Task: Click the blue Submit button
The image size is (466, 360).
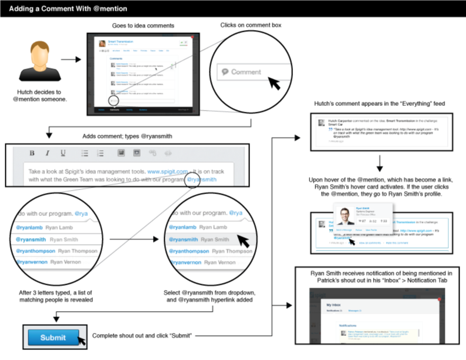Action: (x=53, y=338)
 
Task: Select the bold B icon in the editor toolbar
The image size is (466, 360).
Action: (x=32, y=154)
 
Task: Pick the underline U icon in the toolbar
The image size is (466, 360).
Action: (x=63, y=154)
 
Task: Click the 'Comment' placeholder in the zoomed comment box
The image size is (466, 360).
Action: (x=246, y=72)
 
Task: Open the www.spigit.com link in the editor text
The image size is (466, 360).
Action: (x=168, y=171)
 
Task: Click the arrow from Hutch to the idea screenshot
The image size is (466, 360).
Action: (x=70, y=59)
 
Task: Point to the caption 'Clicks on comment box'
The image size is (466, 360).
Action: (x=251, y=25)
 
